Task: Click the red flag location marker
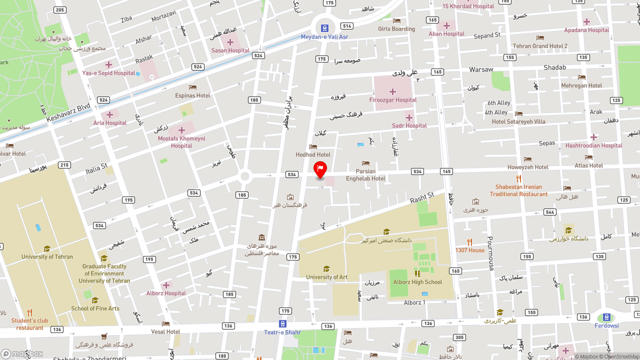click(x=320, y=169)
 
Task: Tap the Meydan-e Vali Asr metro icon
click(x=324, y=28)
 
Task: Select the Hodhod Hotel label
click(x=313, y=155)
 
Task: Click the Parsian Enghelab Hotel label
click(x=365, y=175)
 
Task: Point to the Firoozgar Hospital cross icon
click(x=392, y=91)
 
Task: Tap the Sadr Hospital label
click(x=409, y=126)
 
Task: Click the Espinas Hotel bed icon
click(x=192, y=87)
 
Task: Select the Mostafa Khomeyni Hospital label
click(x=181, y=142)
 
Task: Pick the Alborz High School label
click(x=417, y=282)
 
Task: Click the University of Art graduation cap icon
click(x=326, y=269)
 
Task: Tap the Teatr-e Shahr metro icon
click(x=282, y=324)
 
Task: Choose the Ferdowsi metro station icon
click(x=606, y=317)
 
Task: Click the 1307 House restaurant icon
click(x=469, y=242)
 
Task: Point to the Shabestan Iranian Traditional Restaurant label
click(x=518, y=190)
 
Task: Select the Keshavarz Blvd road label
click(x=68, y=112)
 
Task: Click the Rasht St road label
click(x=422, y=197)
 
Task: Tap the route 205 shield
click(x=60, y=10)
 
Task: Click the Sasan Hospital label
click(x=230, y=50)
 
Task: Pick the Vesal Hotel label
click(x=165, y=331)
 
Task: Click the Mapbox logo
click(x=22, y=354)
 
